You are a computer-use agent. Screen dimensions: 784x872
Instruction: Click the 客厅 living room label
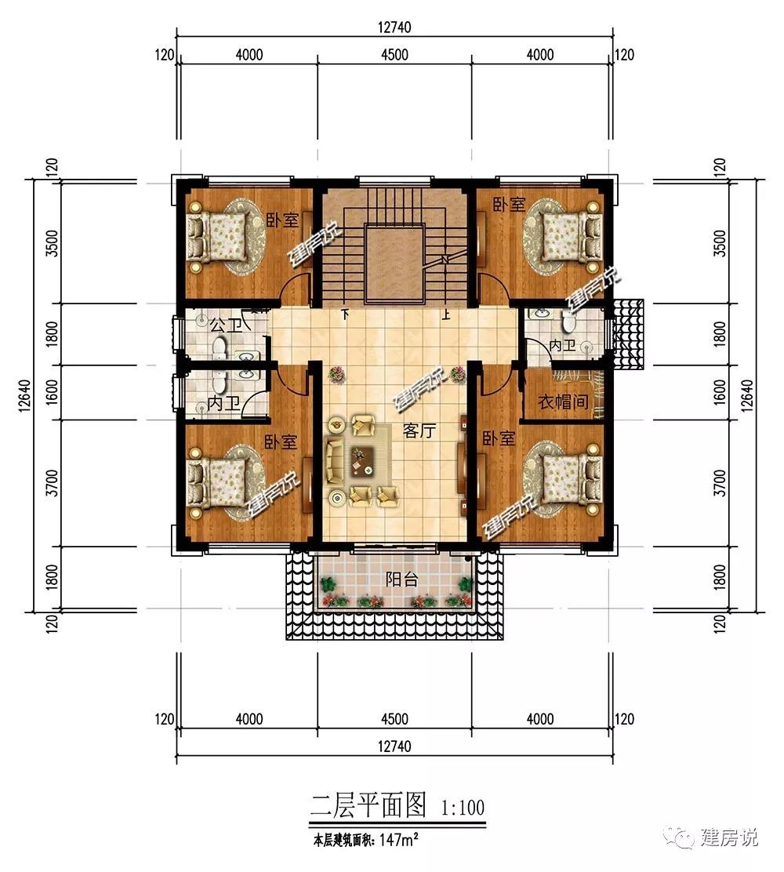coord(419,431)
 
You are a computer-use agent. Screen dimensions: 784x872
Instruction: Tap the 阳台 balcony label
coord(401,580)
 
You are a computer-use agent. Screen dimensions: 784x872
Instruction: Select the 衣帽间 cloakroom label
coord(563,401)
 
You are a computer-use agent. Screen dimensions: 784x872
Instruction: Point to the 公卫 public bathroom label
coord(227,325)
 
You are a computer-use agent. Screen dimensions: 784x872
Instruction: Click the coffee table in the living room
coord(362,461)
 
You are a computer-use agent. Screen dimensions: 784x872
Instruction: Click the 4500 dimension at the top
coord(395,55)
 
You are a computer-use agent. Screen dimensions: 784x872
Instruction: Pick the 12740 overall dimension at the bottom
coord(395,746)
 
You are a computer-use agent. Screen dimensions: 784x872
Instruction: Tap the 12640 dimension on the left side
coord(24,395)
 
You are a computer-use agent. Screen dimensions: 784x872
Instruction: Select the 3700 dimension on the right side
coord(720,483)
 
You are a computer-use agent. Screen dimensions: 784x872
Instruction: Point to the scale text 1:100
coord(463,807)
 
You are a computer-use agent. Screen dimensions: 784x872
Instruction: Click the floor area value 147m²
coord(399,839)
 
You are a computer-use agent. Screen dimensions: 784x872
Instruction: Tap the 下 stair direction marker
coord(345,314)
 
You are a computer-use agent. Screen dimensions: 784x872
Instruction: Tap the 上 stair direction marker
coord(445,315)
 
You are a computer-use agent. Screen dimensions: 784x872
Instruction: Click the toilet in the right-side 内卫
coord(568,321)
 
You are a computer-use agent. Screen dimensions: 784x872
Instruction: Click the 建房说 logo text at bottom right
coord(729,837)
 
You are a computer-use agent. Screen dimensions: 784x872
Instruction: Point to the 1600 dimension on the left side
coord(53,392)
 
